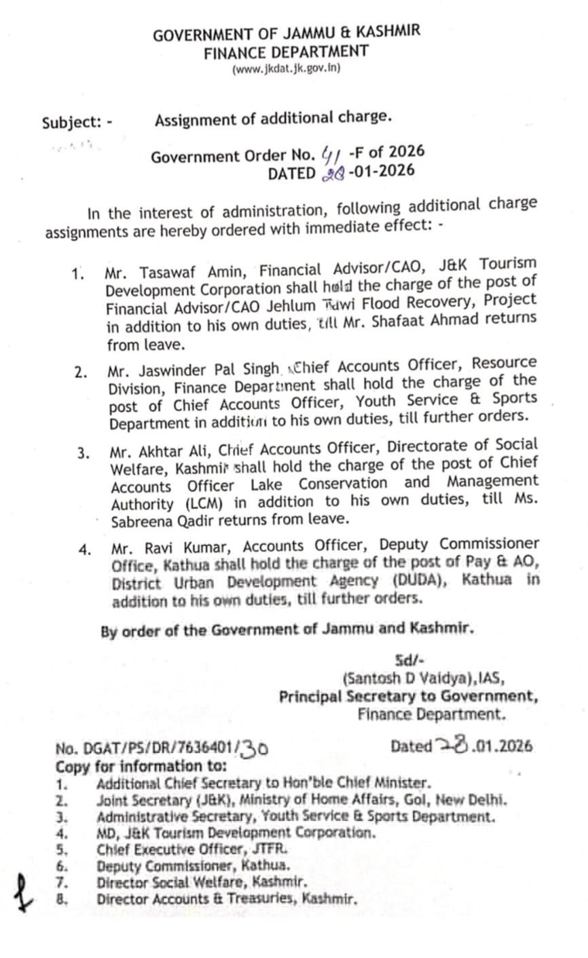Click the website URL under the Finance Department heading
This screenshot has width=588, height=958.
[x=286, y=69]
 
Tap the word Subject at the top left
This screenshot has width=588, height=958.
[x=71, y=123]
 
